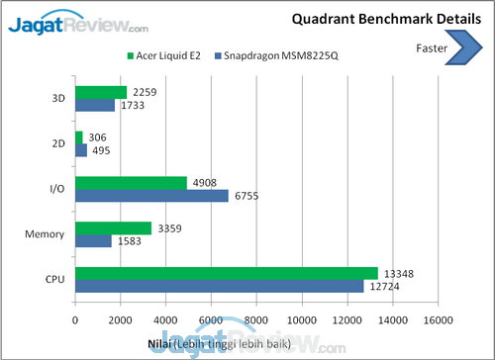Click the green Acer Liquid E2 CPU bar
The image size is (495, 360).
click(226, 273)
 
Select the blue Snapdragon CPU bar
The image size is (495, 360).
click(219, 286)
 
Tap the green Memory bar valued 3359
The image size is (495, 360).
click(113, 228)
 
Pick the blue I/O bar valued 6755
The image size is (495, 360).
click(151, 196)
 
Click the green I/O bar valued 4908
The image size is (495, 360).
click(131, 183)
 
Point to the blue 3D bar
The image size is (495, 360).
click(95, 105)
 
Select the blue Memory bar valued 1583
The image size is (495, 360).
click(93, 240)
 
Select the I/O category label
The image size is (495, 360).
click(57, 189)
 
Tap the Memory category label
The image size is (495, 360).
click(46, 234)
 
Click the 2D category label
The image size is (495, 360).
click(58, 144)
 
